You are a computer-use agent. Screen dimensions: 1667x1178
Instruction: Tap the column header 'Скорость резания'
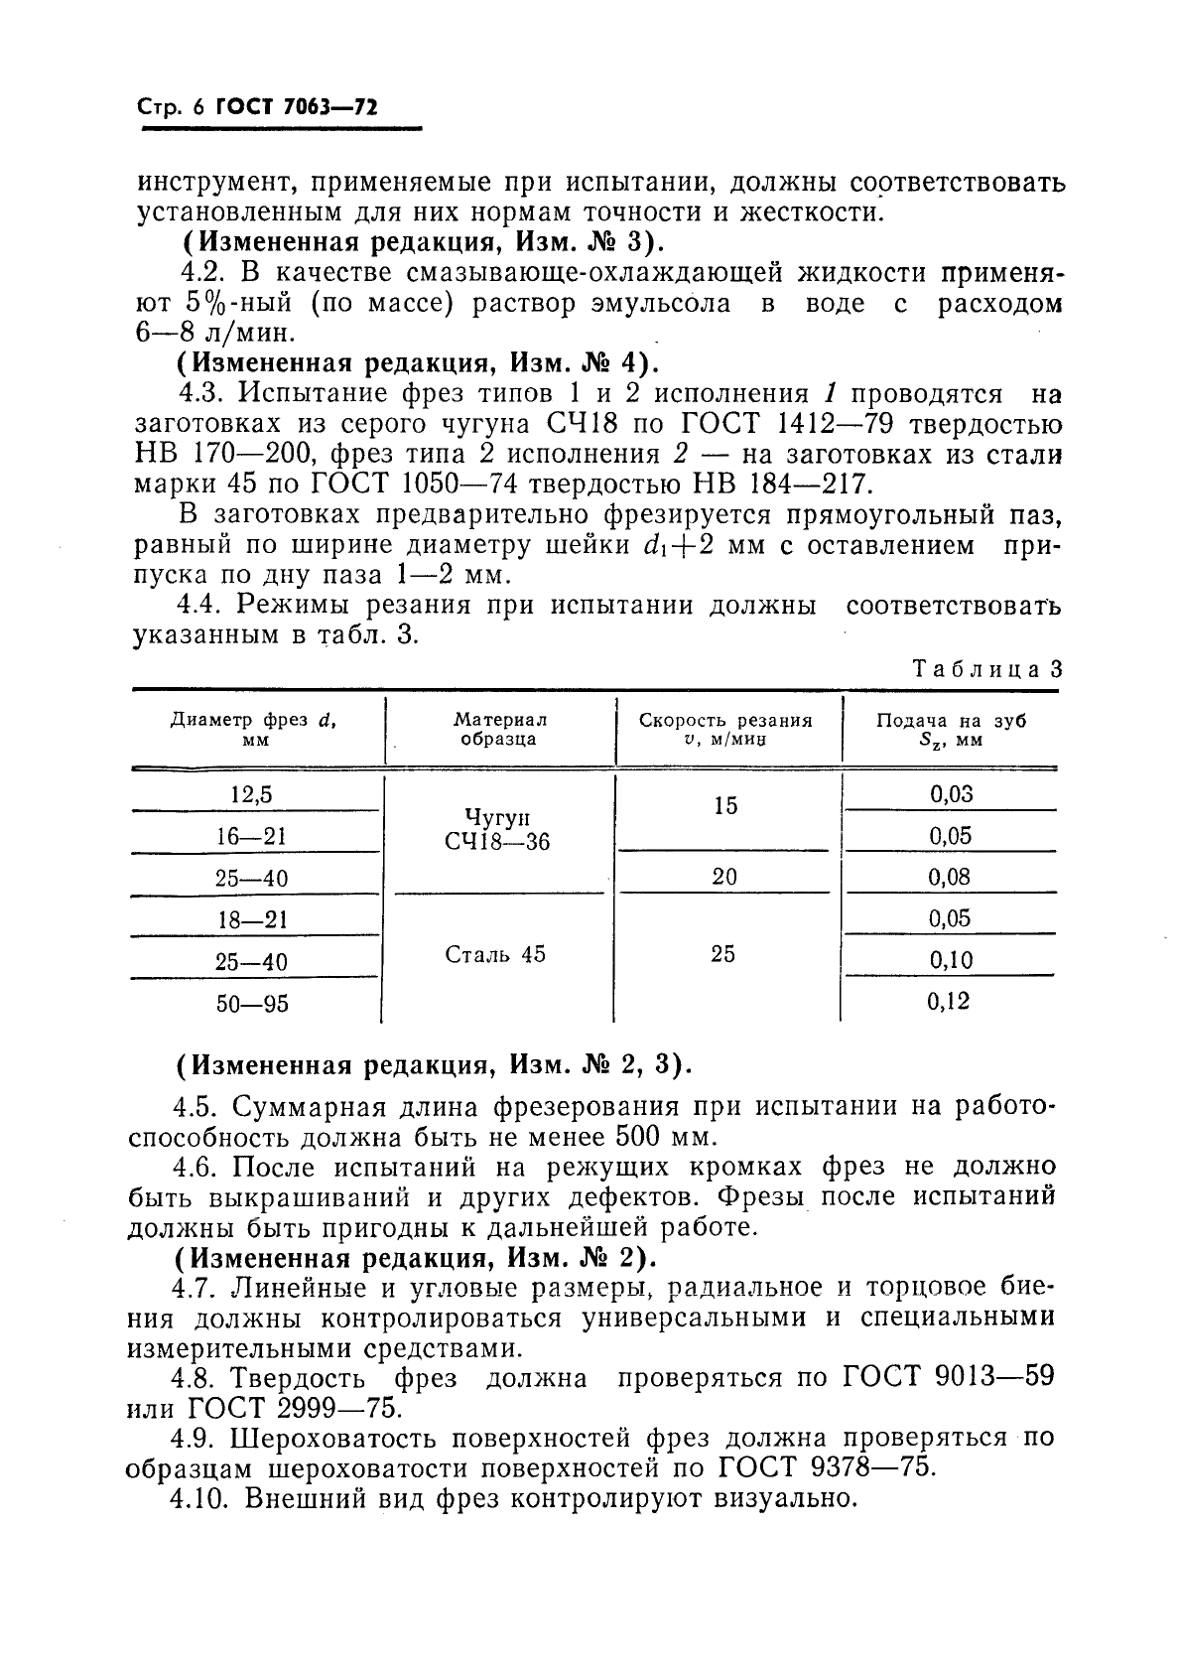coord(725,730)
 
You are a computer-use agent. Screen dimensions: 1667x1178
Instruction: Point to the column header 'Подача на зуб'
coord(950,730)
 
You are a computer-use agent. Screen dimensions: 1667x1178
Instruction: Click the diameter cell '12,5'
coord(251,794)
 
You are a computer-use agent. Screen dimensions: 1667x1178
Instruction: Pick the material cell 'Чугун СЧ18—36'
coord(499,828)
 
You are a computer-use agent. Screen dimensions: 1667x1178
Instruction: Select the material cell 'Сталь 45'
coord(495,955)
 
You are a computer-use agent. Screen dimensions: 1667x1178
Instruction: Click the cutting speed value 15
coord(724,806)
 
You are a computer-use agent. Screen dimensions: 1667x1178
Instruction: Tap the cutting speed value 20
coord(724,877)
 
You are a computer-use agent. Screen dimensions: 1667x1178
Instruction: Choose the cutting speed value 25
coord(723,954)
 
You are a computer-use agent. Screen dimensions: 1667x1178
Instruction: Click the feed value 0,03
coord(950,793)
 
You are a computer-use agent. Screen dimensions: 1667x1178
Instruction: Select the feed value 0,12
coord(949,1002)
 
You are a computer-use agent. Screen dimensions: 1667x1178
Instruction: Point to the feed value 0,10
coord(950,960)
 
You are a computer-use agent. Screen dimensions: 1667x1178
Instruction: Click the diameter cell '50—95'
coord(252,1004)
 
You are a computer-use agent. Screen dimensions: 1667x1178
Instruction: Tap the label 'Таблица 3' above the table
coord(986,669)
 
